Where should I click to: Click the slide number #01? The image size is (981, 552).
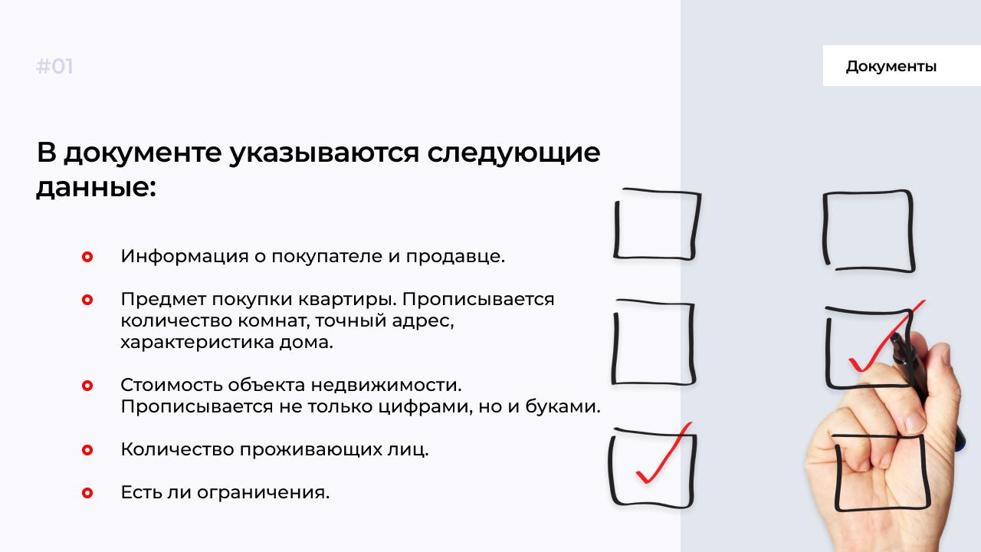coord(54,67)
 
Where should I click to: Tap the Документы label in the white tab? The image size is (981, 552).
coord(891,67)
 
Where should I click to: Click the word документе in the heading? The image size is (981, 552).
coord(143,153)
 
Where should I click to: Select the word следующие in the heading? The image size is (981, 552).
coord(513,153)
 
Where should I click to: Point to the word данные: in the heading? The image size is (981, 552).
coord(96,187)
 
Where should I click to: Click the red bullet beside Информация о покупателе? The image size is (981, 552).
coord(87,257)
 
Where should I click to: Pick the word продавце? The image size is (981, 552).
coord(455,256)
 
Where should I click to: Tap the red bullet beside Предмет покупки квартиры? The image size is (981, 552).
coord(87,300)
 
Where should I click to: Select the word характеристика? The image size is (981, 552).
coord(197,342)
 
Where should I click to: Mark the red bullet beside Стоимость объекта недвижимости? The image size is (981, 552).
coord(87,386)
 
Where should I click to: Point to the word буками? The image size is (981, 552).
coord(563,406)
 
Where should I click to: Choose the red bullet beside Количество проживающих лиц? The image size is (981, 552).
coord(87,450)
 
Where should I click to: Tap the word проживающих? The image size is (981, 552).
coord(310,450)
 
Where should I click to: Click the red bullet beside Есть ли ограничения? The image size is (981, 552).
coord(87,493)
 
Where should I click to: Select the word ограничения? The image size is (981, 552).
coord(263,493)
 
